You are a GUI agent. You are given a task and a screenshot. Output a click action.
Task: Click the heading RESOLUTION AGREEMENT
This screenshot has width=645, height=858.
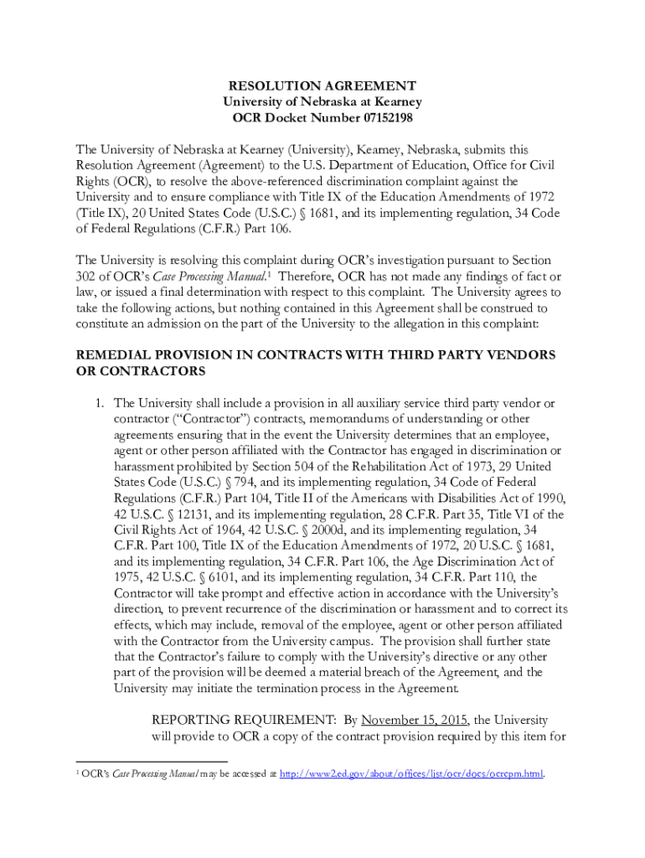click(x=322, y=85)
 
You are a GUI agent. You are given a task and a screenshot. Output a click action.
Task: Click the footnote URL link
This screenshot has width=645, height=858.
click(x=411, y=773)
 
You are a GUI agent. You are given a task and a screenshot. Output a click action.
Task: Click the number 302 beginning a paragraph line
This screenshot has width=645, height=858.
click(x=87, y=276)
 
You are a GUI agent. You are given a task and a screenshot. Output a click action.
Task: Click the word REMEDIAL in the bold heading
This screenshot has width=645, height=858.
click(x=108, y=354)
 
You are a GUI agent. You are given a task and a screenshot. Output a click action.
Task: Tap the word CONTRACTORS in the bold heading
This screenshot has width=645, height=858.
click(x=152, y=370)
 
